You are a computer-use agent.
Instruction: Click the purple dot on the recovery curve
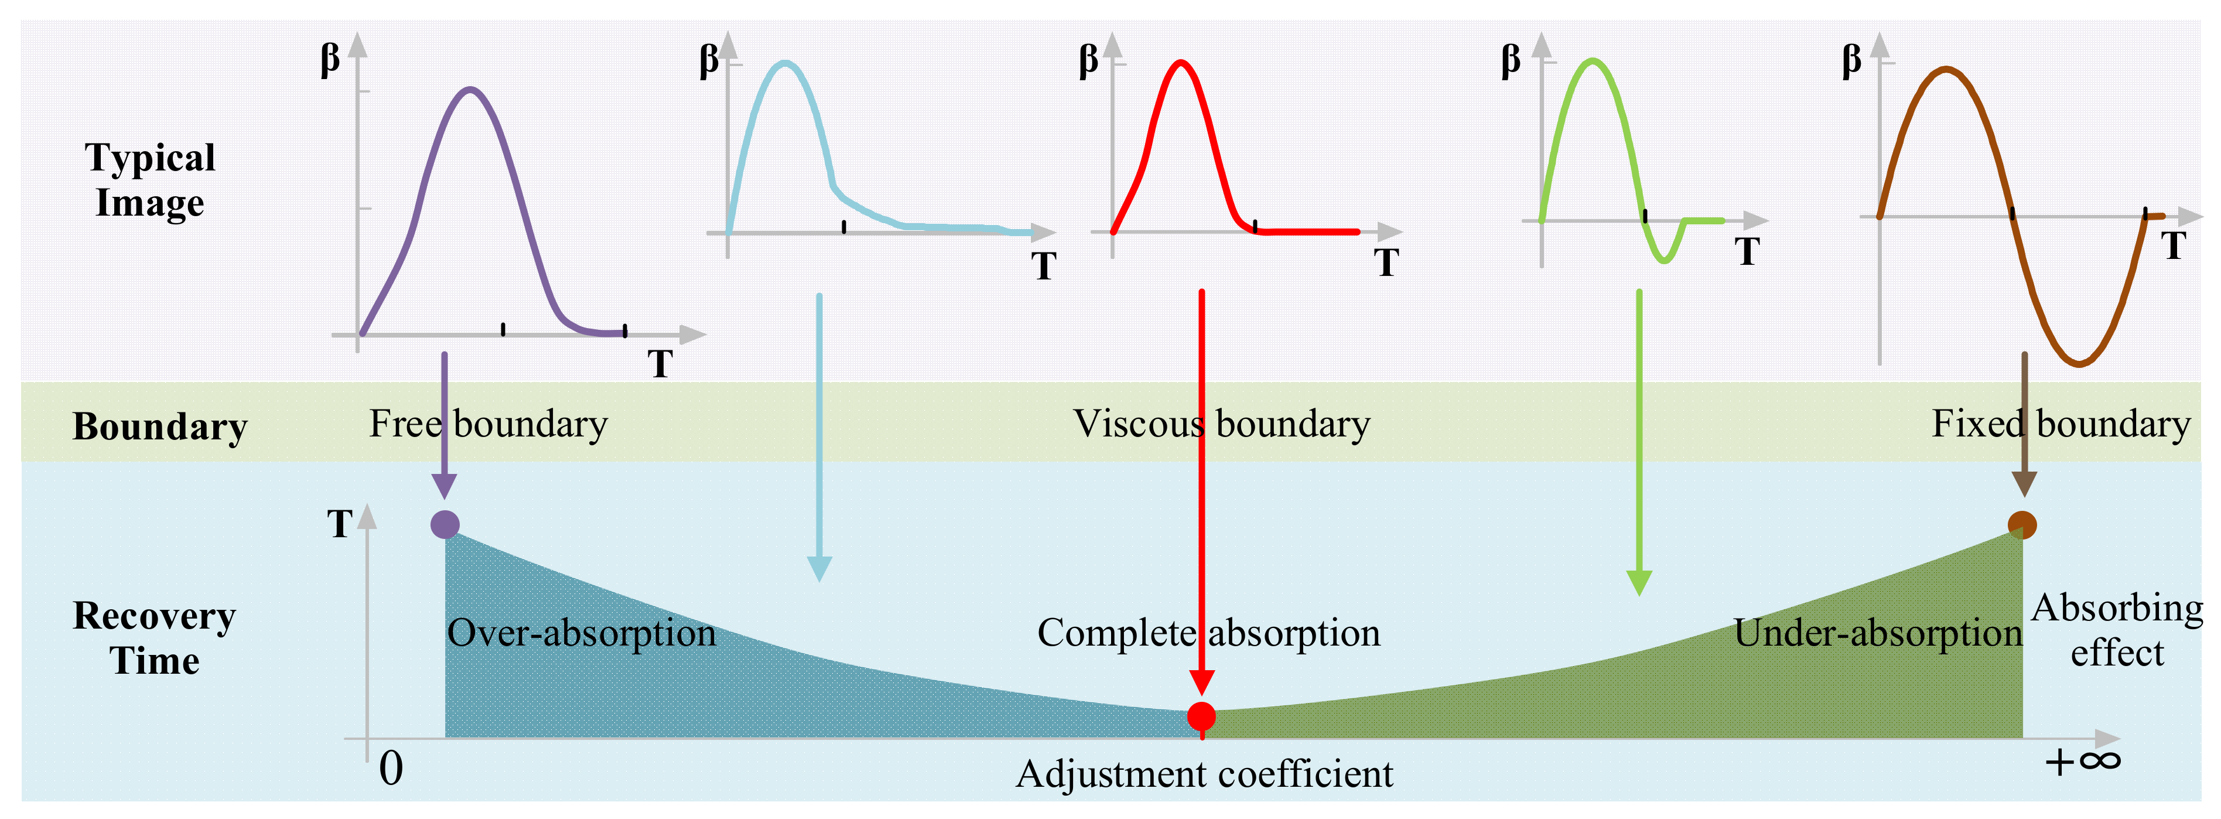pos(445,524)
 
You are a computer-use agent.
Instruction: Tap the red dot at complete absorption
pos(1201,715)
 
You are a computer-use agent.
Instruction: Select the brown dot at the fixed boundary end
pos(2022,524)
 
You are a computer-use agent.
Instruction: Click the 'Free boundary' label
pos(488,424)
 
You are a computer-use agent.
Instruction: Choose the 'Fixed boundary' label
pos(2060,424)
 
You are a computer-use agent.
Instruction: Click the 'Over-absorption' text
pos(580,633)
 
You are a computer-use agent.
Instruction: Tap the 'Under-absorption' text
pos(1877,633)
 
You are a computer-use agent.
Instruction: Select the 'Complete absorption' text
pos(1208,633)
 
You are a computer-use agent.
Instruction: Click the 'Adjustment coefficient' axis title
pos(1204,773)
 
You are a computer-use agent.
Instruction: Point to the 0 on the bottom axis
pos(391,767)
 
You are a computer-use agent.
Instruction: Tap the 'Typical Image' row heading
pos(150,179)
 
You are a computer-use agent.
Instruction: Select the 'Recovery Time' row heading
pos(154,638)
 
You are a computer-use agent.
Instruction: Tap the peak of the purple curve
pos(470,89)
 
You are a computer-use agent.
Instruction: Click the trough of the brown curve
pos(2080,364)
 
